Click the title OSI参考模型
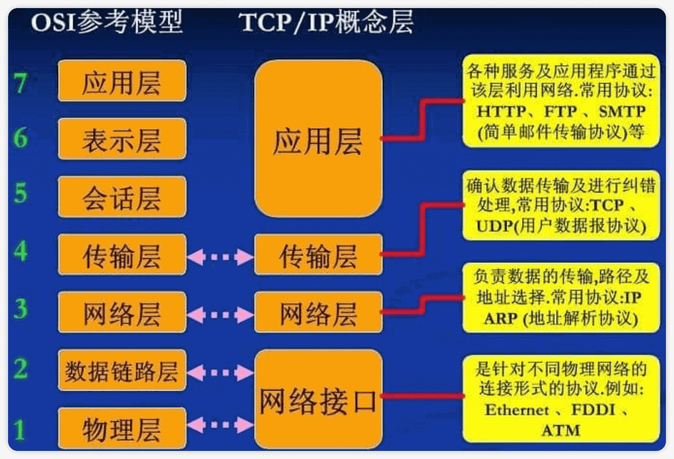coord(107,23)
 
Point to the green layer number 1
coord(20,430)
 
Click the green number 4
coord(20,251)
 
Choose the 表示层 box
coord(122,139)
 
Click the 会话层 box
coord(122,197)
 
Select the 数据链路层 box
coord(122,371)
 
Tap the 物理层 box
coord(122,429)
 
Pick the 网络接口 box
coord(318,400)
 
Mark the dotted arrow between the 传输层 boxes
coord(220,257)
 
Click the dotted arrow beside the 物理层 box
coord(220,426)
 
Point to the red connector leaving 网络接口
coord(423,397)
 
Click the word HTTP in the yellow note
coord(501,112)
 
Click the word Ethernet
coord(517,410)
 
